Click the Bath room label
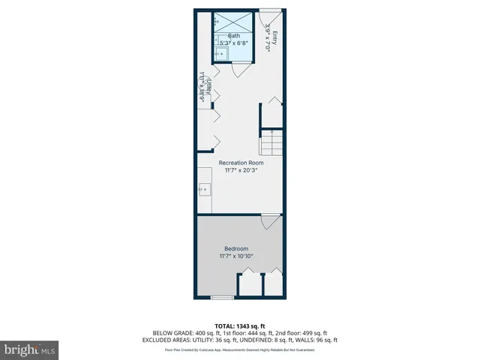pyautogui.click(x=234, y=35)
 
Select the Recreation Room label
pyautogui.click(x=241, y=163)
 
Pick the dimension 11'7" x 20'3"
pyautogui.click(x=241, y=170)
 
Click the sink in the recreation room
pyautogui.click(x=204, y=190)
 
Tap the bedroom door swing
pyautogui.click(x=268, y=223)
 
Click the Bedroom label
pyautogui.click(x=236, y=248)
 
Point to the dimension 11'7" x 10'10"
pyautogui.click(x=236, y=256)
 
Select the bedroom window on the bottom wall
pyautogui.click(x=221, y=298)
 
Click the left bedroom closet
pyautogui.click(x=248, y=284)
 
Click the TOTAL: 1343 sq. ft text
pyautogui.click(x=240, y=325)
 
